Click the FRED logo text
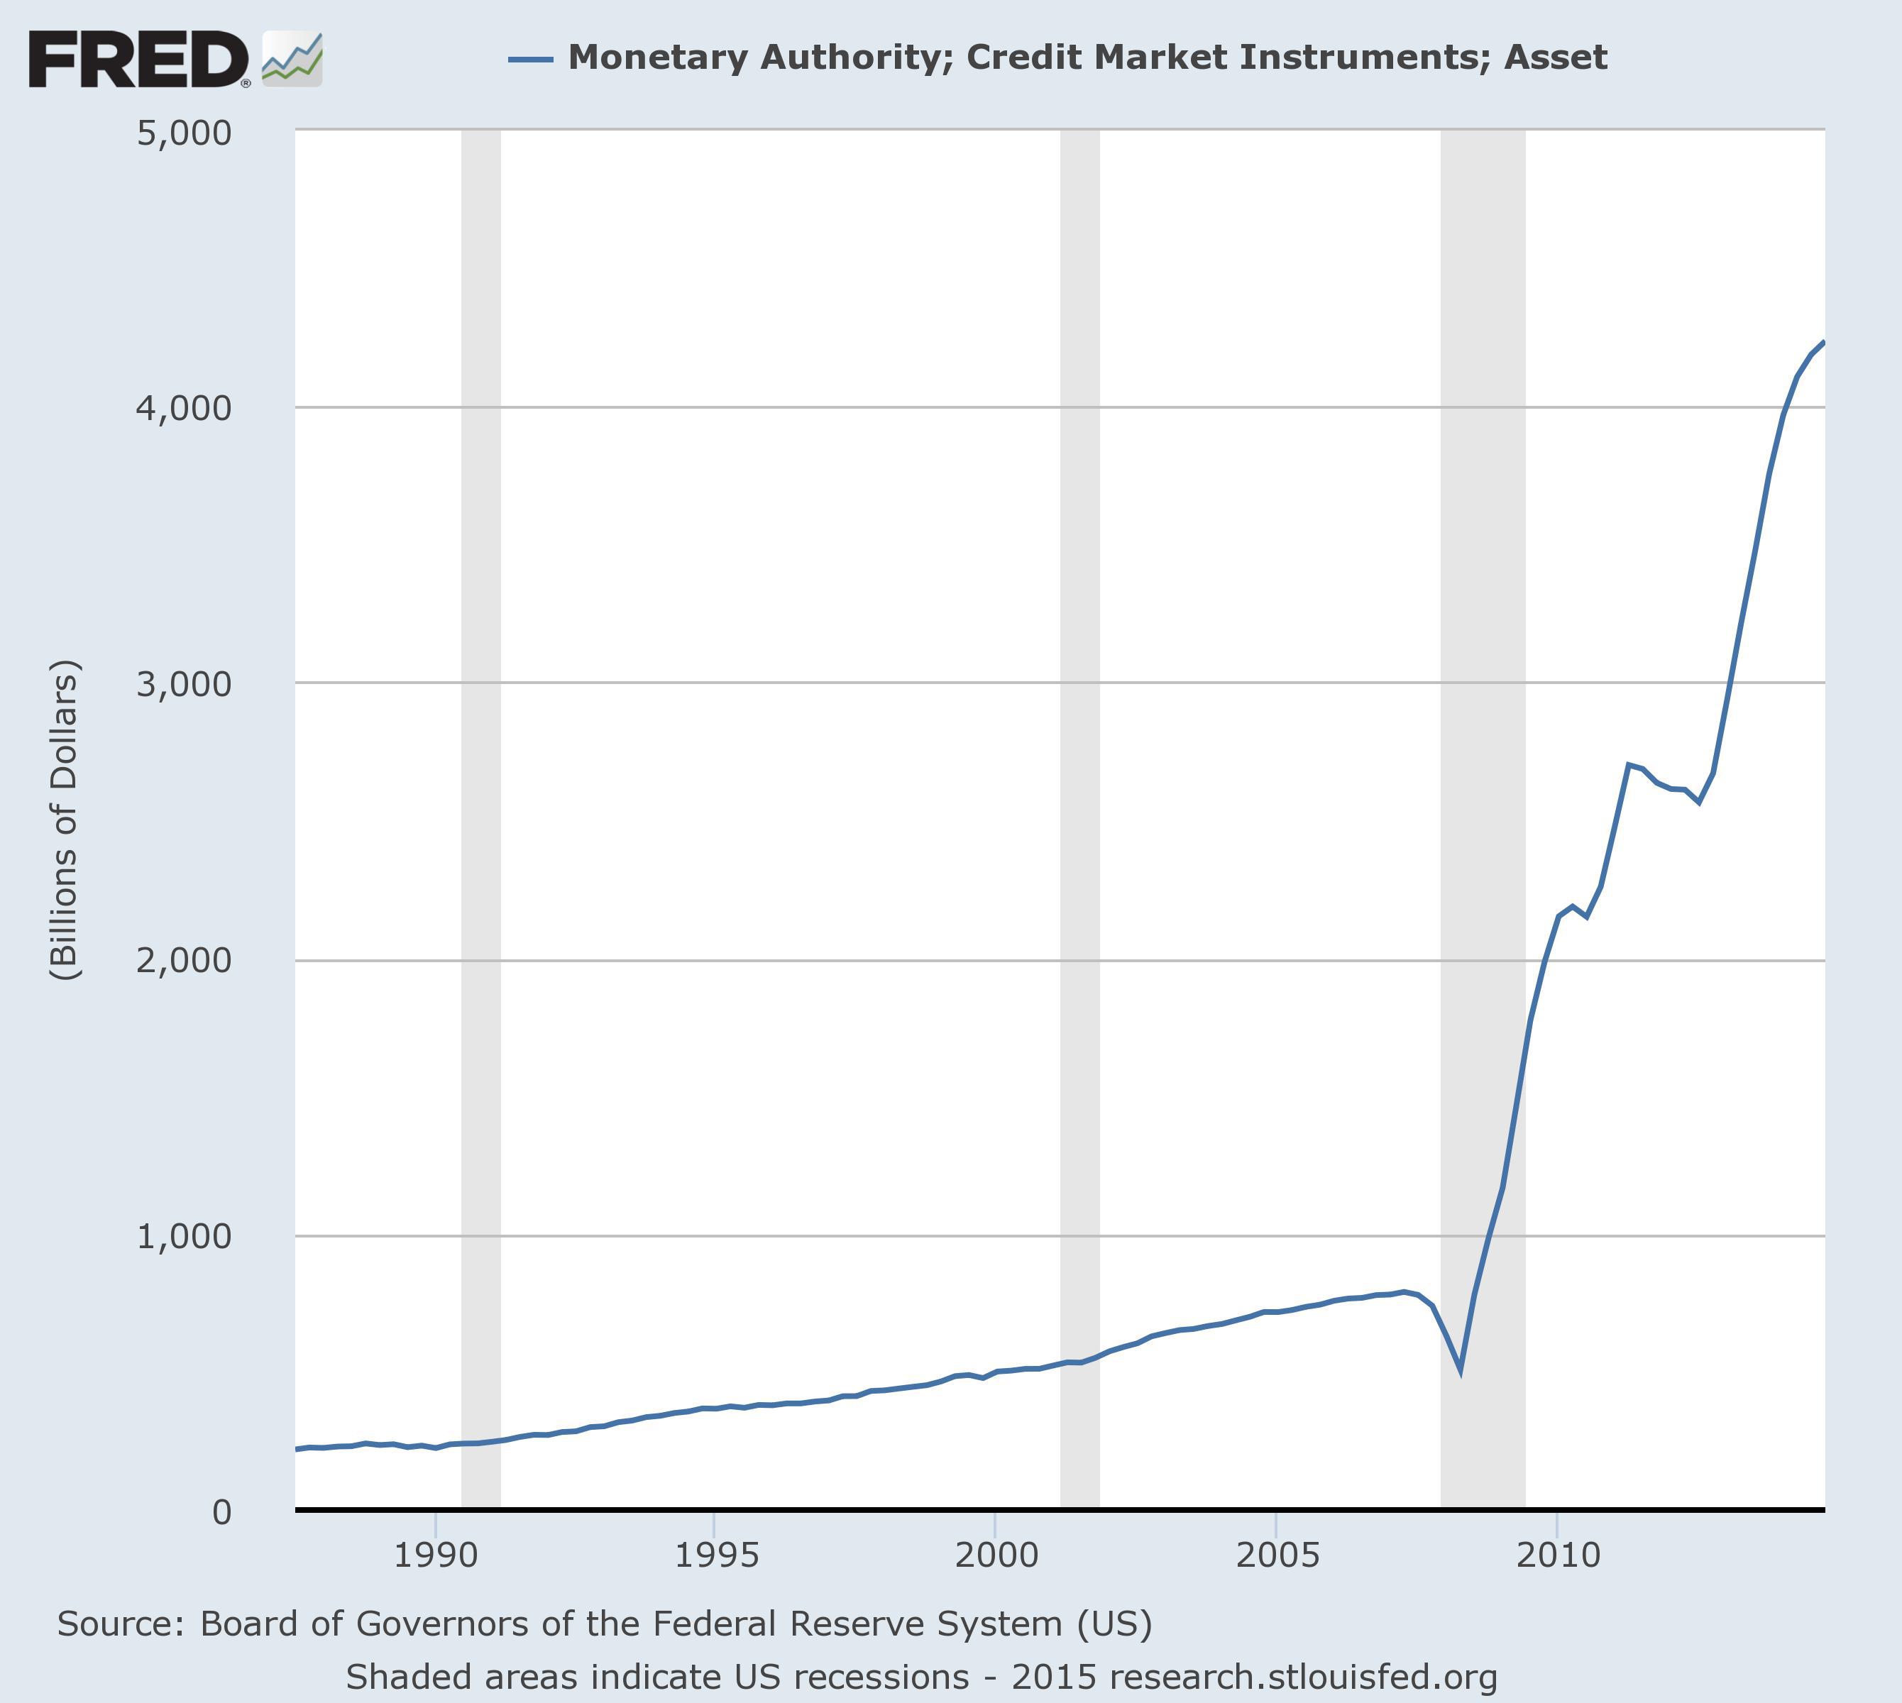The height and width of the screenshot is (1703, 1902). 138,59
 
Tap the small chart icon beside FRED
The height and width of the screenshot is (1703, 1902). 292,59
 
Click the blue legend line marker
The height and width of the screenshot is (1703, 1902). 529,59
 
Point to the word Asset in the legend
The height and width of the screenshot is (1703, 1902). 1555,57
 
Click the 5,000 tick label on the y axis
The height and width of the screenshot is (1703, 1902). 184,133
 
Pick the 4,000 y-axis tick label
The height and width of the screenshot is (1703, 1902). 184,408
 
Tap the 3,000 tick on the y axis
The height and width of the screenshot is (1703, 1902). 184,684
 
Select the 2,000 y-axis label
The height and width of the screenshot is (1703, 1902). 184,960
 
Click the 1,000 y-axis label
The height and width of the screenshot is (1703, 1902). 184,1236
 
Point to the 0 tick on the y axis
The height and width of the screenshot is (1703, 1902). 221,1511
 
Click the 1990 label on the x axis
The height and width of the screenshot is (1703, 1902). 435,1555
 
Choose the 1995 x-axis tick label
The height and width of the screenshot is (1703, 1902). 716,1555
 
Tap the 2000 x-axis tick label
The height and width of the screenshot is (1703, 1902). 996,1555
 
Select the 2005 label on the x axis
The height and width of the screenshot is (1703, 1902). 1277,1555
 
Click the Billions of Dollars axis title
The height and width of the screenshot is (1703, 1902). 65,820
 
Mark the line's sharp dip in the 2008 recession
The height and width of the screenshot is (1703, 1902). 1460,1372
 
